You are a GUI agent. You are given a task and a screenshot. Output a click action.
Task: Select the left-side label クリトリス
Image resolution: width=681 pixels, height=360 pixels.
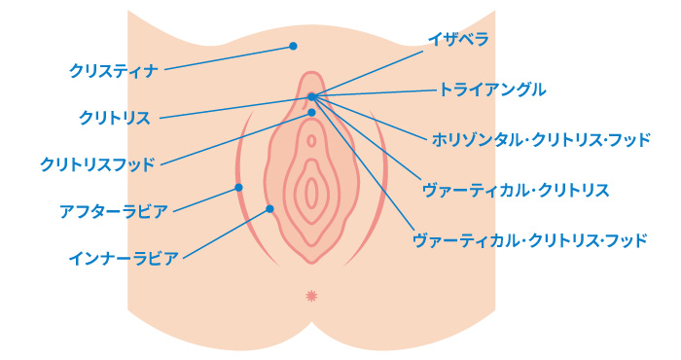coord(115,118)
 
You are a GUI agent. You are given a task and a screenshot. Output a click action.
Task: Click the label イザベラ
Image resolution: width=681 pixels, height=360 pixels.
coord(457,40)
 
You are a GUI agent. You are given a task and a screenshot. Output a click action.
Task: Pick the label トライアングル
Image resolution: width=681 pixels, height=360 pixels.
coord(492,90)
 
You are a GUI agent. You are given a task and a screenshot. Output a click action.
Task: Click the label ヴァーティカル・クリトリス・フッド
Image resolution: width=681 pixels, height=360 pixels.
coord(529,239)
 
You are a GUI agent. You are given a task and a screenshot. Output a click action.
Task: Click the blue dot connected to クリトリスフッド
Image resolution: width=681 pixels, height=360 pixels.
coord(311,113)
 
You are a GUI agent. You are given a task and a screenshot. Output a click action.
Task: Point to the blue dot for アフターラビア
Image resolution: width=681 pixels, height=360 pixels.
coord(238,187)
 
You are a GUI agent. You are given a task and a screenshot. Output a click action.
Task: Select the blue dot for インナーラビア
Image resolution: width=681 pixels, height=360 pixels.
coord(269,208)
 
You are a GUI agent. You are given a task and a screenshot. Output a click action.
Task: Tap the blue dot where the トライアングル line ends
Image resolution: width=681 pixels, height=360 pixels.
coord(311,95)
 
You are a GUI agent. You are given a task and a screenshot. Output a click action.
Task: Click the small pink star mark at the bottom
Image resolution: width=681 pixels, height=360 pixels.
coord(311,294)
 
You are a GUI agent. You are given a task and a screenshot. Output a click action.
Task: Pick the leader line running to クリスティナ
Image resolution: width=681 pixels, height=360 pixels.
coord(229,57)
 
